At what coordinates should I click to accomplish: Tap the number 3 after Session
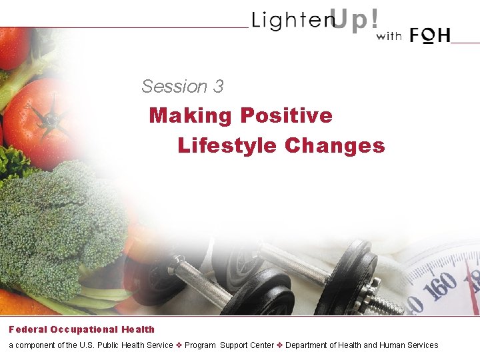pyautogui.click(x=219, y=87)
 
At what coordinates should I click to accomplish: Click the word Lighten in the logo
pyautogui.click(x=292, y=21)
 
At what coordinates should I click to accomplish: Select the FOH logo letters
pyautogui.click(x=431, y=35)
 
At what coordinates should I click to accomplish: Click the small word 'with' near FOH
pyautogui.click(x=389, y=37)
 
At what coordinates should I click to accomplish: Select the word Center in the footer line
pyautogui.click(x=261, y=345)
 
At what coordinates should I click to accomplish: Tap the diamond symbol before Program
pyautogui.click(x=178, y=345)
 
